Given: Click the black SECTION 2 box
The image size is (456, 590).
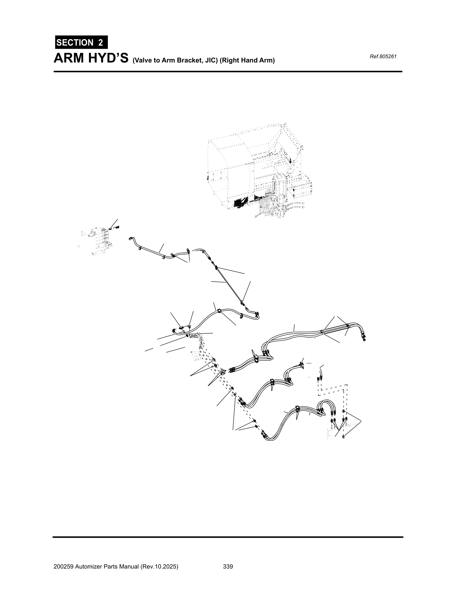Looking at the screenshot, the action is coord(81,42).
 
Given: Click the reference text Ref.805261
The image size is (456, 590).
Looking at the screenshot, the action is coord(383,57).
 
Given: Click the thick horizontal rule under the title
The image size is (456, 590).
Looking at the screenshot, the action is coord(228,72).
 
